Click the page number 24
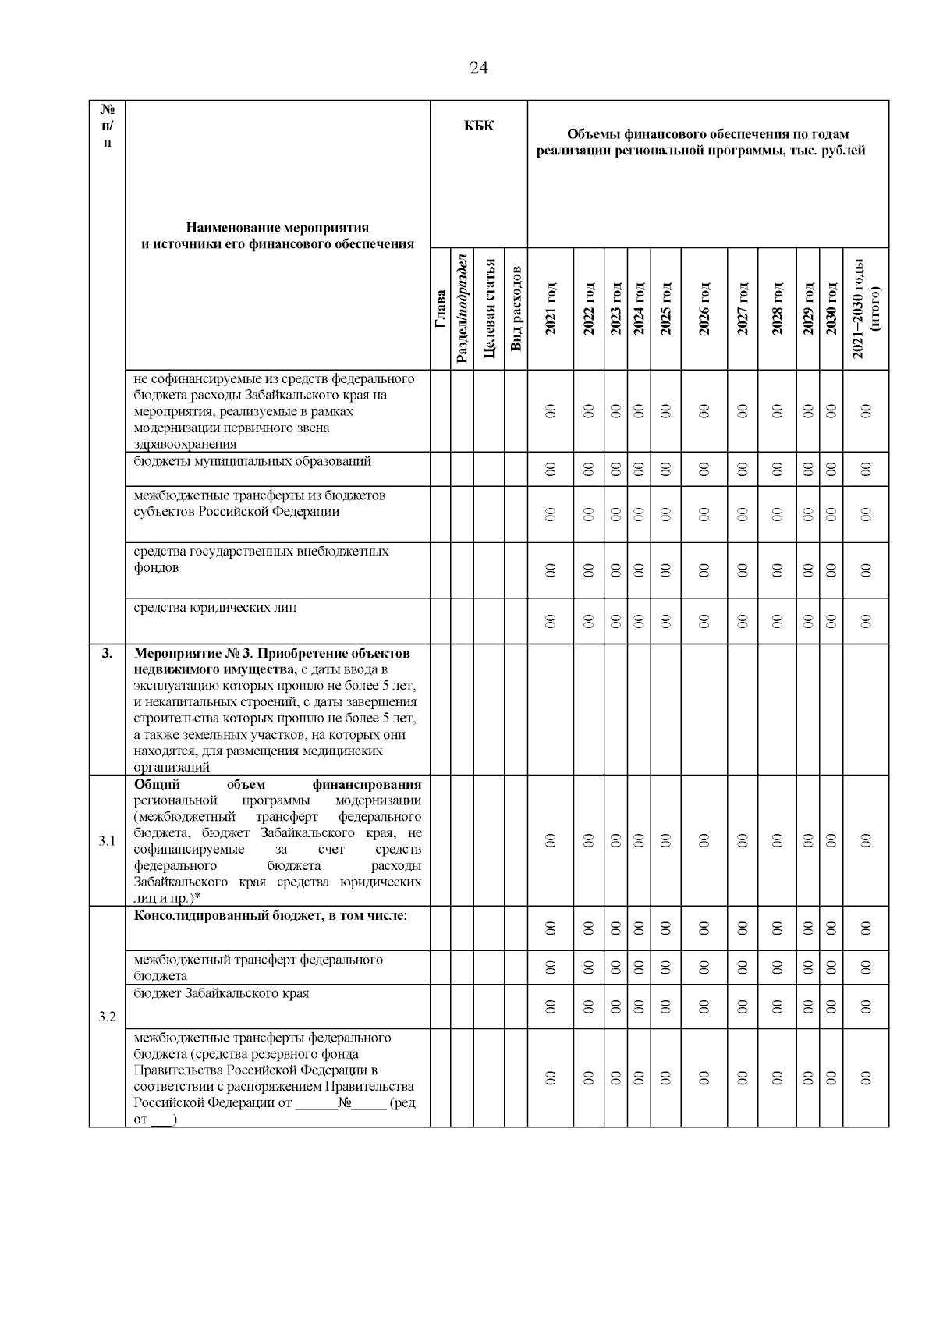click(478, 68)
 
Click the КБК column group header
click(478, 126)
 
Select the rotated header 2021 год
click(551, 310)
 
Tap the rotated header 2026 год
click(704, 310)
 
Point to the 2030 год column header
click(831, 310)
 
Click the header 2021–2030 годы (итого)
click(866, 310)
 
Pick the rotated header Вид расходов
click(516, 310)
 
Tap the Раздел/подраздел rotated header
click(462, 310)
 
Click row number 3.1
click(107, 840)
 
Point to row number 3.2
click(107, 1017)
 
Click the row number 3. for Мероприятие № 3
click(107, 653)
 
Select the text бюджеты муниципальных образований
click(252, 461)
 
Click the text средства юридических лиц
click(215, 607)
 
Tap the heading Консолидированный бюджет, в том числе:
click(270, 915)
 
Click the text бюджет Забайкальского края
click(222, 993)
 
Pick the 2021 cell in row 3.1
click(551, 840)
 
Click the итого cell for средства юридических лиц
click(865, 621)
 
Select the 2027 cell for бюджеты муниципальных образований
click(743, 469)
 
